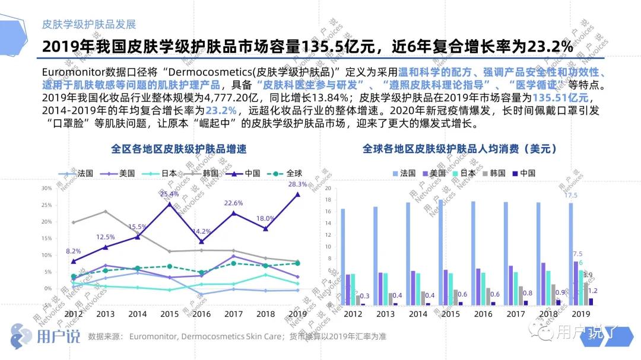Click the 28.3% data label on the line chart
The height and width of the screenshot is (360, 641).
point(297,184)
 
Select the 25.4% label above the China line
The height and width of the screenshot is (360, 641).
point(169,194)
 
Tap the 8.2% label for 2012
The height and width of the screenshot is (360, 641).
point(73,251)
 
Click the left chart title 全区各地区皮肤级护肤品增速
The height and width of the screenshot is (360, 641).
point(179,149)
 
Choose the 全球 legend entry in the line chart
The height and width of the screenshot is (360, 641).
point(287,173)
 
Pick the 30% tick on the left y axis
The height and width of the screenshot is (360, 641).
point(46,188)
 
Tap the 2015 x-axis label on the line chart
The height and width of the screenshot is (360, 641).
point(169,314)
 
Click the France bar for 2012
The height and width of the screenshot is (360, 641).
point(343,257)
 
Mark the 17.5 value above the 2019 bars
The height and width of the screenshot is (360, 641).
point(571,195)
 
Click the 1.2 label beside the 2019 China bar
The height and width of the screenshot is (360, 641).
point(593,291)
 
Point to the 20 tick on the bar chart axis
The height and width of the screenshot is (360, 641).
point(327,189)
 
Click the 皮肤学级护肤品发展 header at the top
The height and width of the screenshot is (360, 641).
point(89,24)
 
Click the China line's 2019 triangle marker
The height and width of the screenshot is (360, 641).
point(297,194)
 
